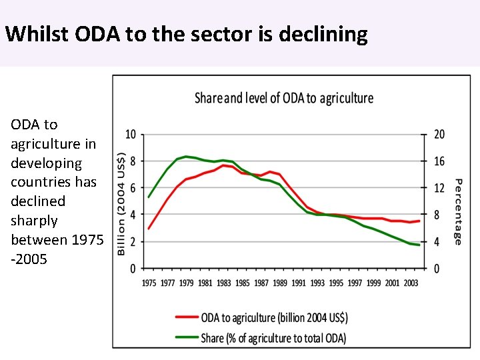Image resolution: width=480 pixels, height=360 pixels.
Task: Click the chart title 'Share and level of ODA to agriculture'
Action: point(283,98)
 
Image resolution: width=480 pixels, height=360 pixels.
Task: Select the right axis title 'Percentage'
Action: point(458,211)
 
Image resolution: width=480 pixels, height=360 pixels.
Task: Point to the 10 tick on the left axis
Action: point(131,135)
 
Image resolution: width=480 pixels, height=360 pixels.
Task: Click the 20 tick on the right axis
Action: point(439,135)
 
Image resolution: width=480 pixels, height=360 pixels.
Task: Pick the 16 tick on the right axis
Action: point(439,161)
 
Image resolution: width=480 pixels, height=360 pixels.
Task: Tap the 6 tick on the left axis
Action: point(133,188)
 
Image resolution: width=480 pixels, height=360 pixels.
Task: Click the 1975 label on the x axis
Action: point(149,283)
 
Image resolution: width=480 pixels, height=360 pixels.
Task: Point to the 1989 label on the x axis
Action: point(279,283)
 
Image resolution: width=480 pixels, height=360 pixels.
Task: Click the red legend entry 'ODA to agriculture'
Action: point(273,317)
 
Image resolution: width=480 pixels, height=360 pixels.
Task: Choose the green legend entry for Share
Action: point(273,338)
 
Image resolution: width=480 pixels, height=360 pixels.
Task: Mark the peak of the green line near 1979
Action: point(186,157)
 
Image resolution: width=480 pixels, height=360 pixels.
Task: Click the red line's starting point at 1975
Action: point(149,229)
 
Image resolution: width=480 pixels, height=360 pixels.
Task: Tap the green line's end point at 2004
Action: point(419,245)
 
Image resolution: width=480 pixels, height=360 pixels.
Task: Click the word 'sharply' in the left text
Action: point(34,221)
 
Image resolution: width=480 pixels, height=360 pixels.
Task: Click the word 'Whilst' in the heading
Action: point(36,34)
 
